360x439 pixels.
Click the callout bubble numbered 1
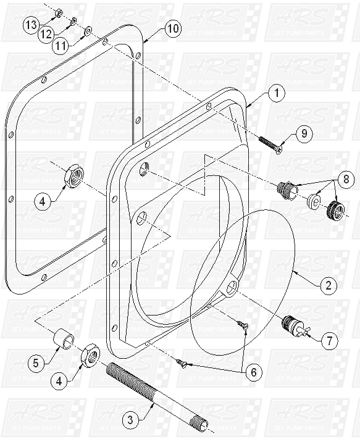click(277, 94)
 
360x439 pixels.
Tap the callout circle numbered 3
click(129, 421)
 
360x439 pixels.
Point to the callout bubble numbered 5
click(36, 363)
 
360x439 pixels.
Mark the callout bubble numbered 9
click(303, 133)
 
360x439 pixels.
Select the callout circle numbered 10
click(173, 28)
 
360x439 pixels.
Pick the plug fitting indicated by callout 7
click(290, 325)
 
